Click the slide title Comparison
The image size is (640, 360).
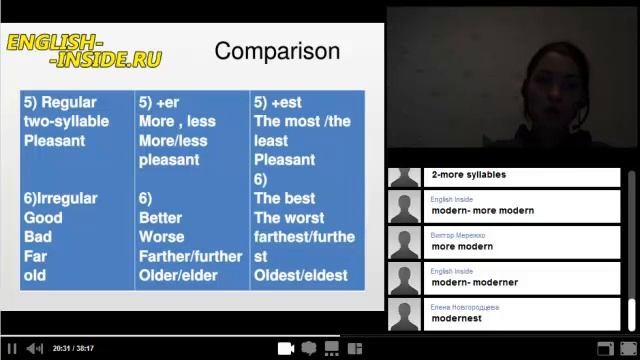(x=277, y=51)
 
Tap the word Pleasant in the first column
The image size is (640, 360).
(x=54, y=141)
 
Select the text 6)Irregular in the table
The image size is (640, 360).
(x=60, y=199)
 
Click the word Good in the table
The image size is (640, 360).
(x=43, y=218)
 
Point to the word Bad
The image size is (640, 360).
(x=37, y=237)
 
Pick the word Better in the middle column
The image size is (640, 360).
(x=160, y=218)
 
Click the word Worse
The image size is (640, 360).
(x=161, y=237)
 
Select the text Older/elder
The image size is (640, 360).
(x=178, y=275)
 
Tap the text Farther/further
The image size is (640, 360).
(x=190, y=256)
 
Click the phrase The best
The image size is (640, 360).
(x=284, y=199)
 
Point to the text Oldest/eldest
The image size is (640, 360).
(x=301, y=275)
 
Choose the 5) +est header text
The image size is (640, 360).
(x=277, y=103)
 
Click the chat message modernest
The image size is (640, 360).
(x=456, y=318)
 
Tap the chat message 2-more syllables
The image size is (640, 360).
(x=468, y=175)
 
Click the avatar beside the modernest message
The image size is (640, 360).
(x=404, y=314)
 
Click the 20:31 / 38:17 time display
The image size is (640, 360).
(x=73, y=348)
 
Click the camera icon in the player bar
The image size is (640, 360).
(x=285, y=348)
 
